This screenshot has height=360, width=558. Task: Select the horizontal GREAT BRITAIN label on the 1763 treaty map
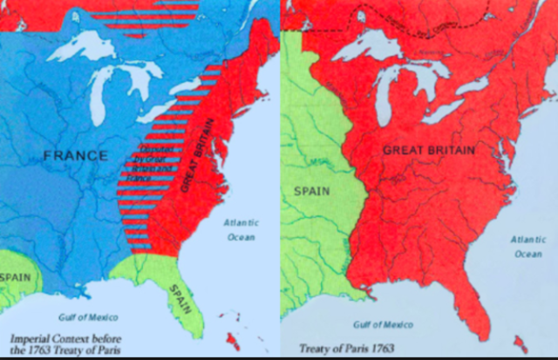(x=429, y=150)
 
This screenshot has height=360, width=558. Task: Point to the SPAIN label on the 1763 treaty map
(x=311, y=190)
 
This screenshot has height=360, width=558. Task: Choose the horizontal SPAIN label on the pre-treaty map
(x=16, y=276)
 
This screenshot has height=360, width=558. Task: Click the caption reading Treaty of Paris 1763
(x=334, y=348)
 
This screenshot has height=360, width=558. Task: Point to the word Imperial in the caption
(x=31, y=337)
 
